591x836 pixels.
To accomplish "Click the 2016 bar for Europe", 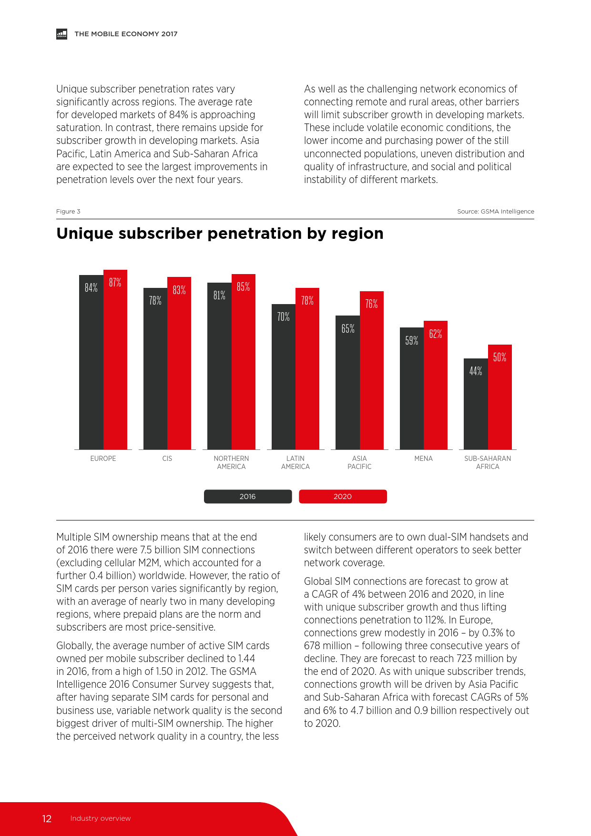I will point(91,362).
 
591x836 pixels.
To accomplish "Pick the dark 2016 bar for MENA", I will point(412,388).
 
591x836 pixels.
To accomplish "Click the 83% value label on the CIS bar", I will point(179,290).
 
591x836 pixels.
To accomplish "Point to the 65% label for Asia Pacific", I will point(348,328).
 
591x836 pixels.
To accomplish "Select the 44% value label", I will point(476,371).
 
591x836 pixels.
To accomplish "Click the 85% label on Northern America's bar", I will point(243,286).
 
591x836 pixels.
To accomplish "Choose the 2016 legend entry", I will point(248,496).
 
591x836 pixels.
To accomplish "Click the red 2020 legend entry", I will point(343,496).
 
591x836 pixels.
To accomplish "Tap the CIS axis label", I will point(167,459).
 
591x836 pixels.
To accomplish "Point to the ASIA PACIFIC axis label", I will point(359,462).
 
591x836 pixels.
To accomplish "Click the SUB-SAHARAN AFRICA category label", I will point(488,462).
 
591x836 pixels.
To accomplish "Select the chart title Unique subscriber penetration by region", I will point(220,234).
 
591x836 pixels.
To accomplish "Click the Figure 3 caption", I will point(68,212).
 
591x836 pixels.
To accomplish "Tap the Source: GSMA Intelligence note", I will point(495,212).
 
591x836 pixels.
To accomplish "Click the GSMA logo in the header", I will point(61,34).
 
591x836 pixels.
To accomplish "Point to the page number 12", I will point(47,818).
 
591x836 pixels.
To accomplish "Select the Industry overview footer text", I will point(100,818).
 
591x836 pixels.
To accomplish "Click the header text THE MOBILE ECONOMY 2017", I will point(126,34).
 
